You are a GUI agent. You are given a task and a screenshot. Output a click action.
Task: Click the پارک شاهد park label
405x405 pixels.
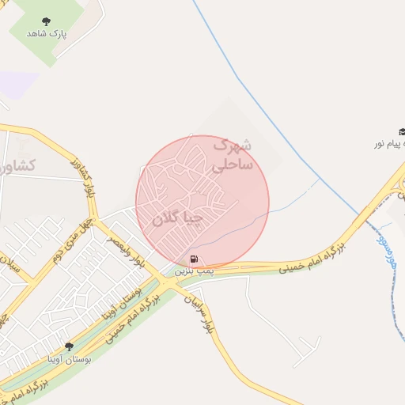coord(47,34)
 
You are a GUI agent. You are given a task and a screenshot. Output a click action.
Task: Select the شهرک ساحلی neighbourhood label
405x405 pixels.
coord(231,155)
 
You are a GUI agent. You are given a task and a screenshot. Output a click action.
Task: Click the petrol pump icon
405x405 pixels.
coord(194,259)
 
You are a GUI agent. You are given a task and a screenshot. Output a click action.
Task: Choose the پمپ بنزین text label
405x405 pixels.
coord(191,271)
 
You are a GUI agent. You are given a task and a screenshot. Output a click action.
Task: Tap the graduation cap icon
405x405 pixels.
coord(401,132)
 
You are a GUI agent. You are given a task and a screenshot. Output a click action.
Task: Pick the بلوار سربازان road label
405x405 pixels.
coord(199,312)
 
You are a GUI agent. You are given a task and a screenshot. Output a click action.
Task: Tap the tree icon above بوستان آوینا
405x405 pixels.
coord(69,346)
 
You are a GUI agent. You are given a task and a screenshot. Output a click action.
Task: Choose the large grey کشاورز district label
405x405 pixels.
coord(21,165)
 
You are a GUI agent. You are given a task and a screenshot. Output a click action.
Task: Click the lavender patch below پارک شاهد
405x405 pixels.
coord(19,84)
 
